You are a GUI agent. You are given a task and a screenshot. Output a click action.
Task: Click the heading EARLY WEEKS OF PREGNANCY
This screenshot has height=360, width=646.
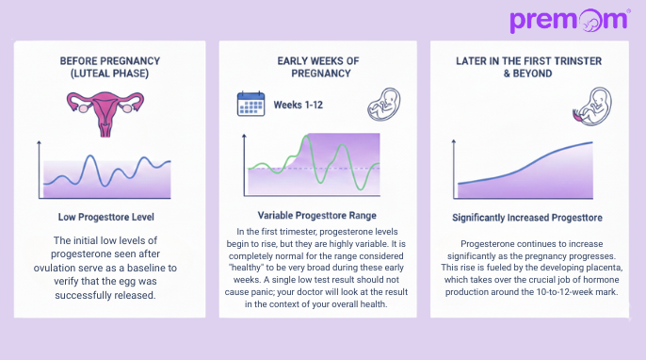[x=319, y=67]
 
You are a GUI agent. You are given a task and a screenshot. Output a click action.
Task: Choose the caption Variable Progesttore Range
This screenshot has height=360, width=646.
[x=319, y=214]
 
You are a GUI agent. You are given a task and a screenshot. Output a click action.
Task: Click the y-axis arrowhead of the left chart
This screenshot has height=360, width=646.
[x=39, y=143]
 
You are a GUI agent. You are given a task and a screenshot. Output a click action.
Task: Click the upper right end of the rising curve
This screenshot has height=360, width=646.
[x=592, y=142]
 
